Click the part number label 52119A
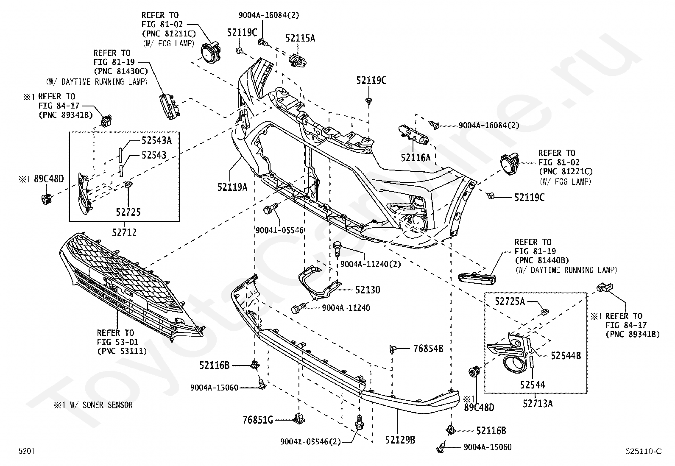click(x=232, y=187)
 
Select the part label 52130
click(x=368, y=290)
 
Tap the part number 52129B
click(x=400, y=440)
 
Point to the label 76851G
click(x=258, y=420)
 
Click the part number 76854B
click(x=428, y=349)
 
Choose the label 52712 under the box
click(x=124, y=232)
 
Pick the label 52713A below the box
click(x=538, y=403)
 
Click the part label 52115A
click(x=300, y=38)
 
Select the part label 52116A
click(x=416, y=157)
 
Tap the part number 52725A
click(x=510, y=301)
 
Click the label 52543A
click(x=157, y=140)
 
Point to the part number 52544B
click(x=566, y=356)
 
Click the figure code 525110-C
click(x=643, y=451)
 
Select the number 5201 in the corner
click(x=27, y=451)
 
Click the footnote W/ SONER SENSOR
click(x=101, y=405)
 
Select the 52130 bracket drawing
click(x=319, y=283)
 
